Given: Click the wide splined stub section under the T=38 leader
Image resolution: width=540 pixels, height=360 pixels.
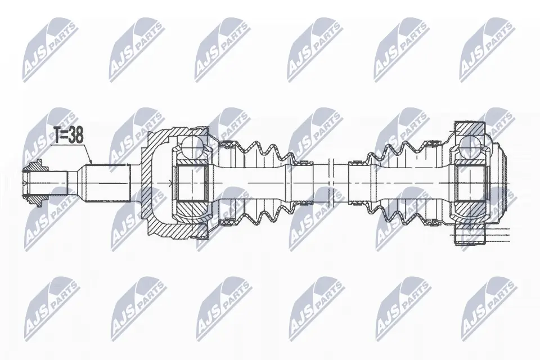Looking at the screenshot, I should (107, 182).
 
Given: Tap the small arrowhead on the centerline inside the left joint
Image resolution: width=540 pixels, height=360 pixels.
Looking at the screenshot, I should (170, 182).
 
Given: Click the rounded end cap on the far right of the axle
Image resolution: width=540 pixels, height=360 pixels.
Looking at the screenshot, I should (506, 182).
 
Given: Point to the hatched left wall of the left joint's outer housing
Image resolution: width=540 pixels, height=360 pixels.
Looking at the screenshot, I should (152, 182).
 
